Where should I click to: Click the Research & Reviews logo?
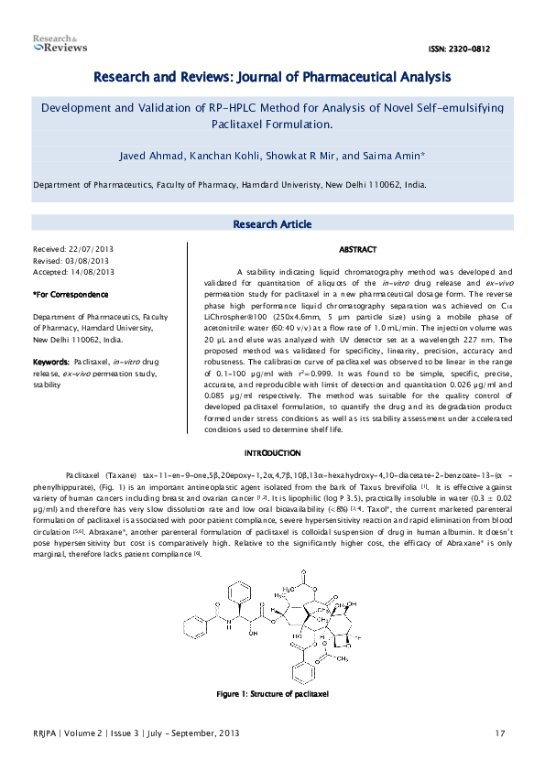pos(60,43)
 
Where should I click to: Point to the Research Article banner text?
pos(272,224)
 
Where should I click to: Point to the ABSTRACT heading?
pos(357,249)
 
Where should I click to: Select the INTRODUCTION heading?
pos(272,453)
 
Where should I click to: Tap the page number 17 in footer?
pos(499,733)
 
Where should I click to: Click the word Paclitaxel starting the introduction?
pos(84,477)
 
